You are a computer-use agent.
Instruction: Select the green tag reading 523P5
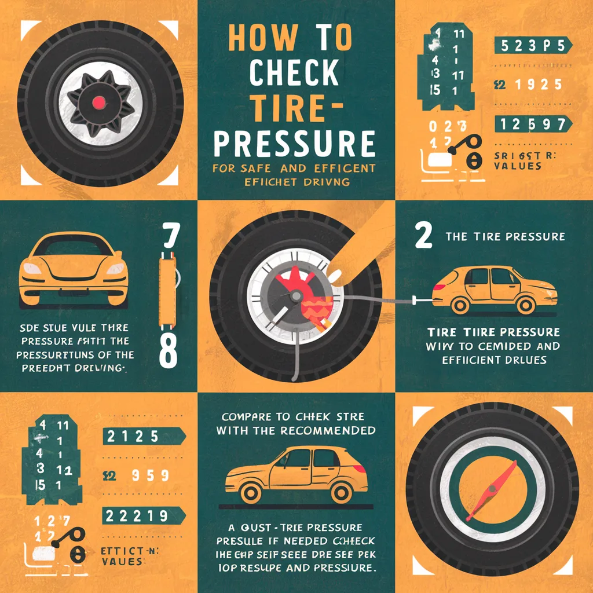click(x=532, y=46)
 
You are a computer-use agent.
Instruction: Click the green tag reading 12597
click(x=532, y=123)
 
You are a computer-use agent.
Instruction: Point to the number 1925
click(x=537, y=85)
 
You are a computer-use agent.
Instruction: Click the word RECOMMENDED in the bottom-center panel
click(x=326, y=430)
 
